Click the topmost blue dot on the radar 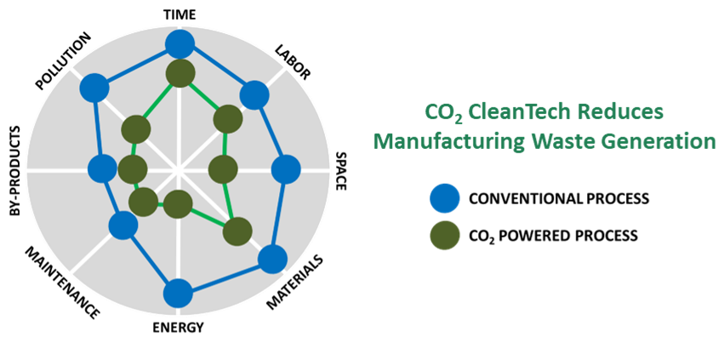[180, 44]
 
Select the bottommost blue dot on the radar [178, 294]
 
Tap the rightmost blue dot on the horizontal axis [287, 170]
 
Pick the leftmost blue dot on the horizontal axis [103, 169]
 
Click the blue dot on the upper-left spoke [94, 87]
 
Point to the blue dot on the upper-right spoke [254, 94]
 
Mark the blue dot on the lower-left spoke [123, 226]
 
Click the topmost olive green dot [180, 74]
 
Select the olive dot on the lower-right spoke [237, 231]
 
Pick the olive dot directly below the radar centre [178, 204]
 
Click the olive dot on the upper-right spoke [227, 119]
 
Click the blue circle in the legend [445, 198]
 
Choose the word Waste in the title [567, 141]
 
